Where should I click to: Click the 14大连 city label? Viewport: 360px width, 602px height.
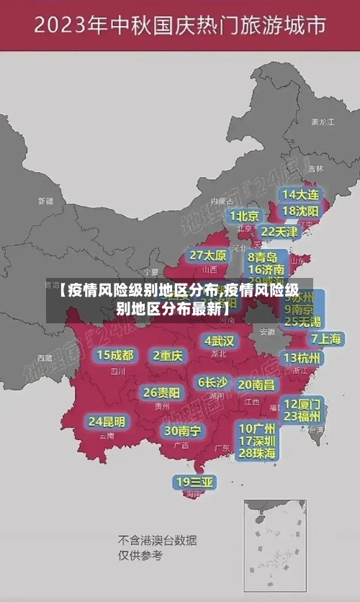point(300,194)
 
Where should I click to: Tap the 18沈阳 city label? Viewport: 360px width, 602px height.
point(300,210)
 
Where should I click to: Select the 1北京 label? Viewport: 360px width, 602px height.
point(245,215)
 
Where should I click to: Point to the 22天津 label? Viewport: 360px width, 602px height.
point(279,232)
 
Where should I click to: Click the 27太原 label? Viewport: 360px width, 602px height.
point(208,256)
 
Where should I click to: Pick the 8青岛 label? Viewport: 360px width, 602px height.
point(262,256)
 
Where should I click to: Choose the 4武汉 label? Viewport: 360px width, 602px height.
point(219,341)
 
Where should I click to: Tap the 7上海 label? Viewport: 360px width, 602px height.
point(325,338)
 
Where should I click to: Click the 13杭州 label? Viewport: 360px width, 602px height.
point(302,358)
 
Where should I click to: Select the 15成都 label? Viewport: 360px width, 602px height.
point(114,355)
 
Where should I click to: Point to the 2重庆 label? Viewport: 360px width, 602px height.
point(168,355)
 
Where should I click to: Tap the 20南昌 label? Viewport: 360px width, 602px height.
point(256,385)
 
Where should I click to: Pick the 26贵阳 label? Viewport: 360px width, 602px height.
point(161,392)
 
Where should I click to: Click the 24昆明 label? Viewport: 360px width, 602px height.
point(107,421)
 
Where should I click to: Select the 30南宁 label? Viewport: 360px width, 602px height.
point(182,431)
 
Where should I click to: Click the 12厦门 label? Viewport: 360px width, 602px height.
point(302,403)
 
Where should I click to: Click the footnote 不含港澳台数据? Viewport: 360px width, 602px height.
point(157,540)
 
